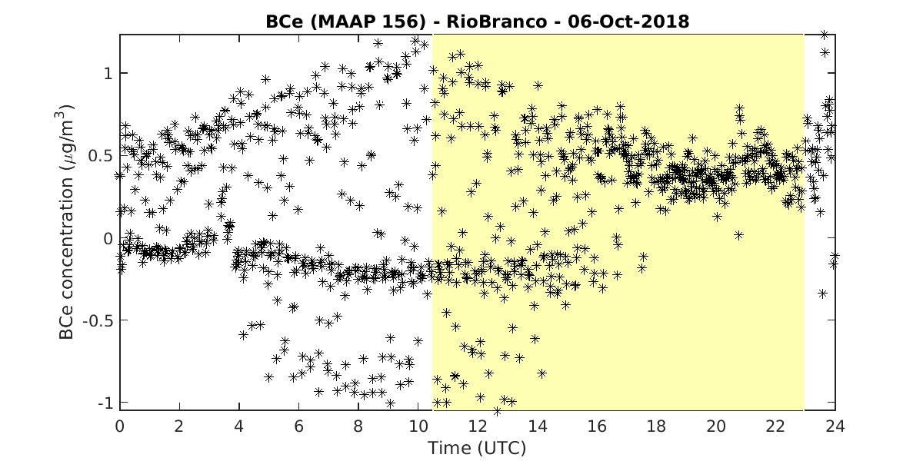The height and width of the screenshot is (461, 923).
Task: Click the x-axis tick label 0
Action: pyautogui.click(x=119, y=426)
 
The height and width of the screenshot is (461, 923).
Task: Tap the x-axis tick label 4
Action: pyautogui.click(x=239, y=426)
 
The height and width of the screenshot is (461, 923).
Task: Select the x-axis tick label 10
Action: pyautogui.click(x=418, y=426)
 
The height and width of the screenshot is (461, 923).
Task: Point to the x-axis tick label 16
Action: pyautogui.click(x=597, y=426)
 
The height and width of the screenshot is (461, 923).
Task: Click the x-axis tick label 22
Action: pyautogui.click(x=775, y=426)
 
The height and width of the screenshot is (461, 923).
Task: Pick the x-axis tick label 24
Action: pyautogui.click(x=835, y=426)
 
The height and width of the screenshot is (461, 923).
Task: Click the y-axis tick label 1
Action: pyautogui.click(x=108, y=74)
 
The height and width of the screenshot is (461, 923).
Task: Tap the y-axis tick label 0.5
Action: pyautogui.click(x=101, y=156)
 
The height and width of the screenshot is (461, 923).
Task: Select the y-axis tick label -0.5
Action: pyautogui.click(x=98, y=320)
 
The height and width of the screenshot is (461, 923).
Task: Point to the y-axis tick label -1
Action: pyautogui.click(x=105, y=403)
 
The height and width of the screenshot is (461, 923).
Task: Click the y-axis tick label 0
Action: pyautogui.click(x=108, y=238)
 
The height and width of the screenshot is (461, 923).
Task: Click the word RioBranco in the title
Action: pyautogui.click(x=497, y=22)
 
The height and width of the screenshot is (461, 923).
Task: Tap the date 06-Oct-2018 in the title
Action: pyautogui.click(x=628, y=22)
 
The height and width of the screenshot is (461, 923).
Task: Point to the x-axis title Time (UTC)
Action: pyautogui.click(x=477, y=448)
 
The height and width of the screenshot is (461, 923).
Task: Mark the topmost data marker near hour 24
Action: pyautogui.click(x=824, y=35)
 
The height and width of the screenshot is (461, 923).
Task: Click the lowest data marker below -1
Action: pyautogui.click(x=497, y=411)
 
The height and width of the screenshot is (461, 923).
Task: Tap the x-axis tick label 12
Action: pyautogui.click(x=478, y=426)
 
